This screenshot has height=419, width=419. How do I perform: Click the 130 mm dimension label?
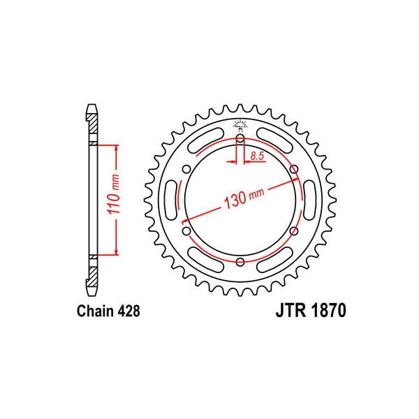(x=244, y=198)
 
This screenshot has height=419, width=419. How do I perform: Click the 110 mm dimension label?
(x=113, y=194)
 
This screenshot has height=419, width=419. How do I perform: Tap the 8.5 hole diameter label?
(x=257, y=156)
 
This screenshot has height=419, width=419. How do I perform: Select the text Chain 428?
(x=108, y=311)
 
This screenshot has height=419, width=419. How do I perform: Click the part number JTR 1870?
(x=311, y=311)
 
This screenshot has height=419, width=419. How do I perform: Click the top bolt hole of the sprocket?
(x=240, y=138)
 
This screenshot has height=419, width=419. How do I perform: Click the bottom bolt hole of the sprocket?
(x=240, y=262)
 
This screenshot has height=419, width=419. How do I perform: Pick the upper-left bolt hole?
(x=186, y=170)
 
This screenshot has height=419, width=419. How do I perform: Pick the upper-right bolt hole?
(x=294, y=170)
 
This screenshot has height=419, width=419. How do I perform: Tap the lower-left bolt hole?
(x=186, y=231)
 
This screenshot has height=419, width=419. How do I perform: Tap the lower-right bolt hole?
(x=294, y=231)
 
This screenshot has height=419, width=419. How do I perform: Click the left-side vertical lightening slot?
(x=171, y=200)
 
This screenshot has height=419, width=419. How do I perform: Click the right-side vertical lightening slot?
(x=309, y=200)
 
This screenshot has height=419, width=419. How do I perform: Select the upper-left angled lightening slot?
(x=206, y=140)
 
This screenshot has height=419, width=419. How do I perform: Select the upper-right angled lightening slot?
(x=274, y=140)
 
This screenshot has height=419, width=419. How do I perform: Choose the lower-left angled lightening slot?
(x=206, y=260)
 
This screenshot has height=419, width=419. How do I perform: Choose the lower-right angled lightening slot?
(x=274, y=260)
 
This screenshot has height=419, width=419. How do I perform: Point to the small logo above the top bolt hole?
(x=240, y=125)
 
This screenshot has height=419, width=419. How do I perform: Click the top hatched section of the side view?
(x=94, y=124)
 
